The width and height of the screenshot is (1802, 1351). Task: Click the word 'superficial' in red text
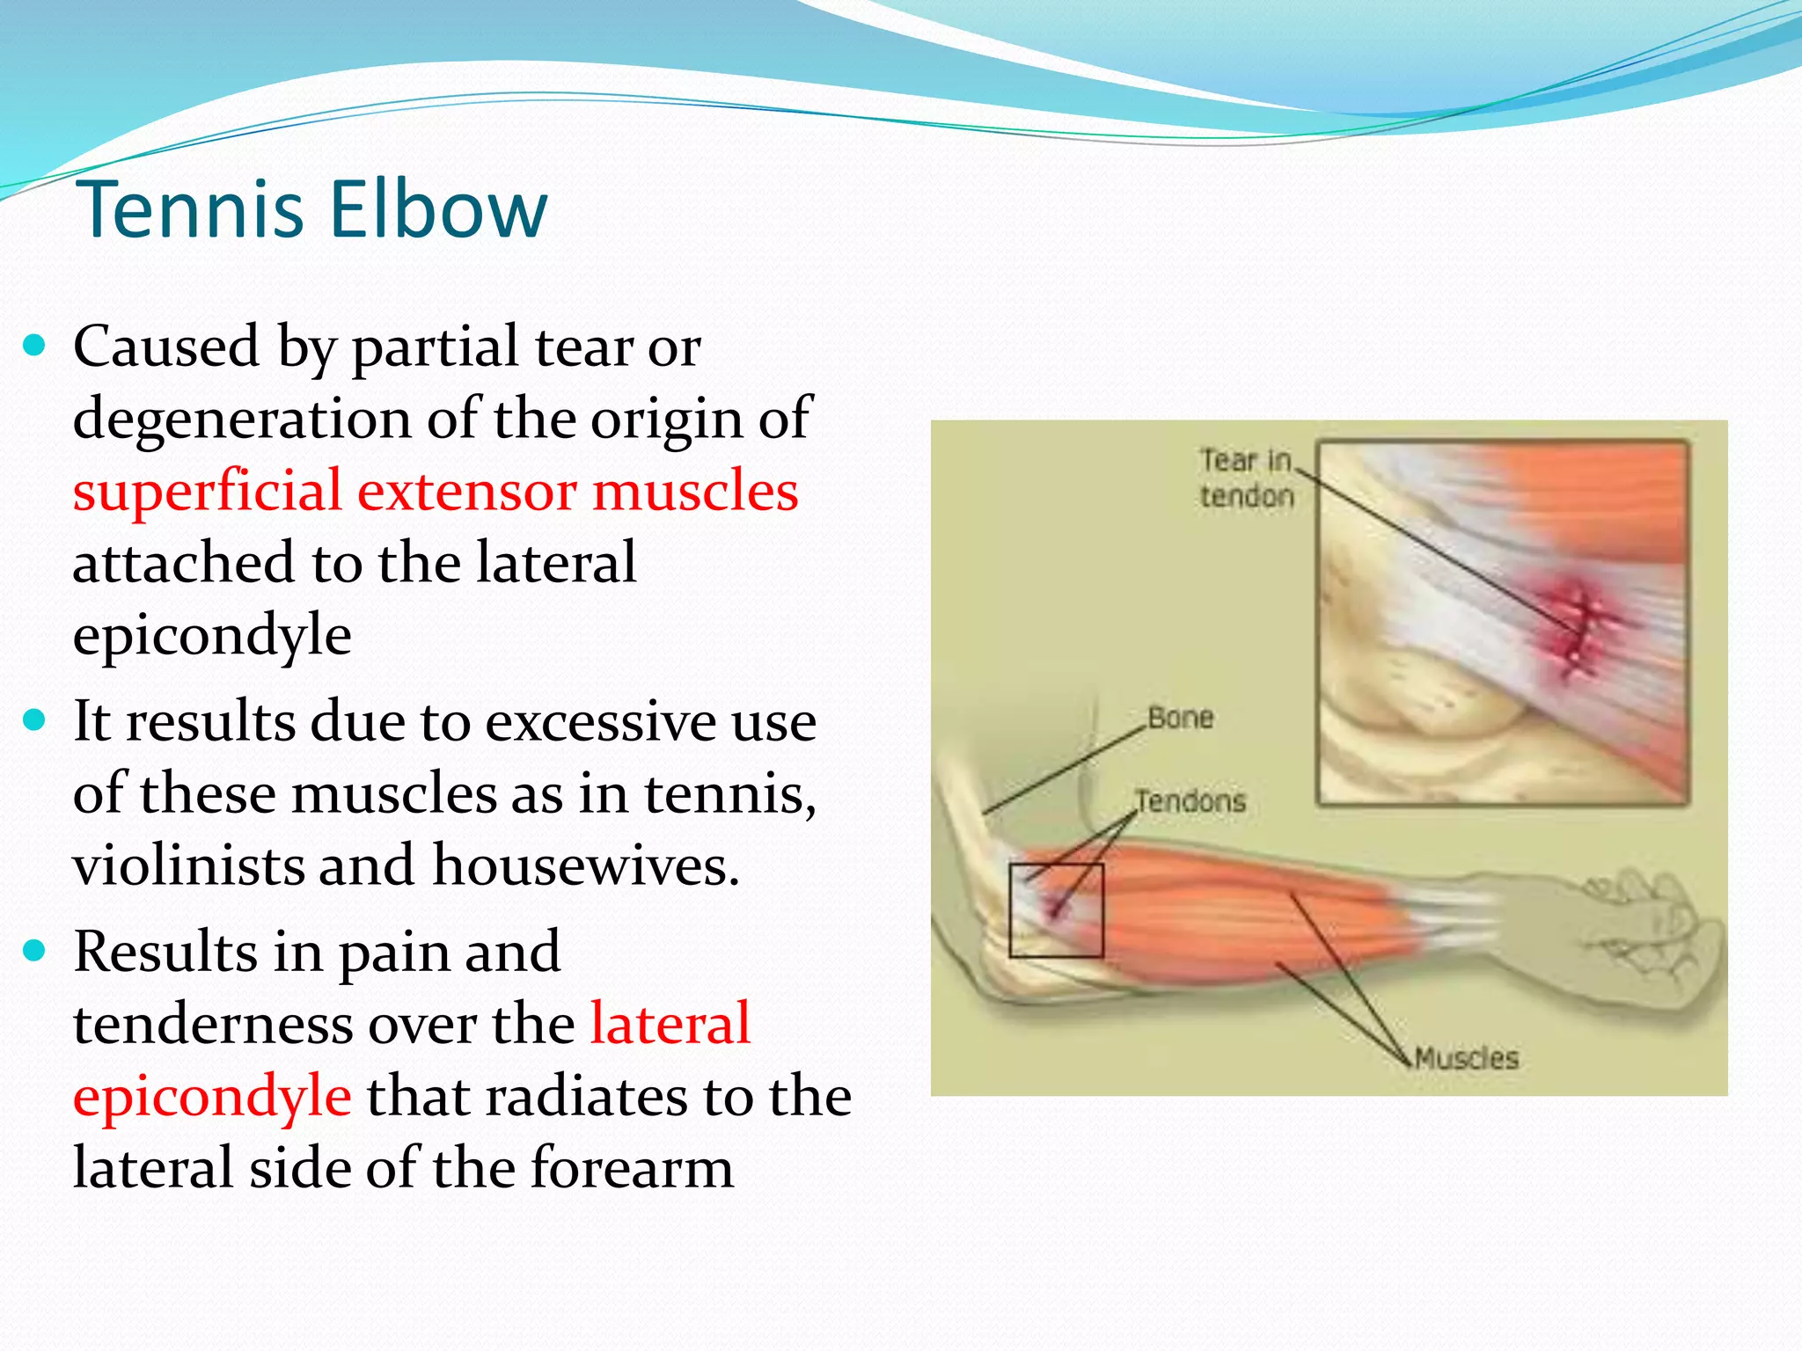pyautogui.click(x=207, y=491)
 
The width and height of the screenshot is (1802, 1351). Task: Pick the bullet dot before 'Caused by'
pyautogui.click(x=34, y=345)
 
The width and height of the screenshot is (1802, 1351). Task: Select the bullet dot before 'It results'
pyautogui.click(x=34, y=721)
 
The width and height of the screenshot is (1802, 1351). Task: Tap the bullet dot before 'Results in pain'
pyautogui.click(x=34, y=951)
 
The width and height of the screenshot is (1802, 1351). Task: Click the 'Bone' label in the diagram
pyautogui.click(x=1180, y=718)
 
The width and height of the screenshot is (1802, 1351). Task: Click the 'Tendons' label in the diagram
pyautogui.click(x=1190, y=801)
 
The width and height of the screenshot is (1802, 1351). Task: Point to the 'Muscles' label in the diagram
pyautogui.click(x=1467, y=1058)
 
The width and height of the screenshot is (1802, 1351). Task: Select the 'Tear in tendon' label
pyautogui.click(x=1246, y=478)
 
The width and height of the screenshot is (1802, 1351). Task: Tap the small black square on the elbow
pyautogui.click(x=1056, y=910)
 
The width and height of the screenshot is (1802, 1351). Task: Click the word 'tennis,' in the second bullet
pyautogui.click(x=729, y=793)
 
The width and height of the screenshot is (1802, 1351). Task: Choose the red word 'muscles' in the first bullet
pyautogui.click(x=695, y=491)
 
